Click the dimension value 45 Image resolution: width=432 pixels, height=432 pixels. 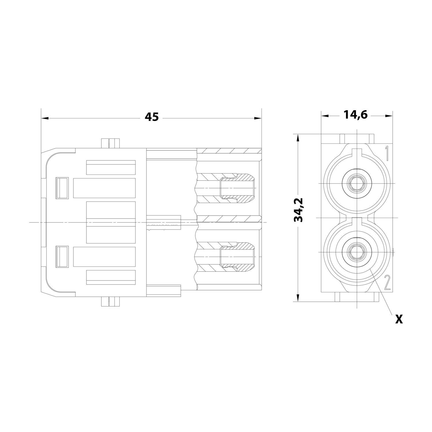tap(151, 117)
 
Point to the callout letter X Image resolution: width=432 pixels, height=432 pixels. tap(399, 319)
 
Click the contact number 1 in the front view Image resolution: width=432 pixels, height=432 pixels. tap(387, 153)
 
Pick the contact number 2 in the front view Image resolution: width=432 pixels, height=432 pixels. tap(387, 283)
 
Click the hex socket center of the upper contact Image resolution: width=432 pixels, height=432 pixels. tap(357, 183)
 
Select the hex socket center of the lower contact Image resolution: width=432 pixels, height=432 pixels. tap(357, 252)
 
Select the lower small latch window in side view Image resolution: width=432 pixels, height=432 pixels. tap(62, 257)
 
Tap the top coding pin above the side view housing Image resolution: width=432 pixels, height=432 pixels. tap(110, 143)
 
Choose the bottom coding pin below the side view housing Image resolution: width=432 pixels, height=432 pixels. tap(110, 302)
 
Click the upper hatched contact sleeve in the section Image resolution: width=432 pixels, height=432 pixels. tap(238, 187)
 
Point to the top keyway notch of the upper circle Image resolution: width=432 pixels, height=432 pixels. tap(357, 152)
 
